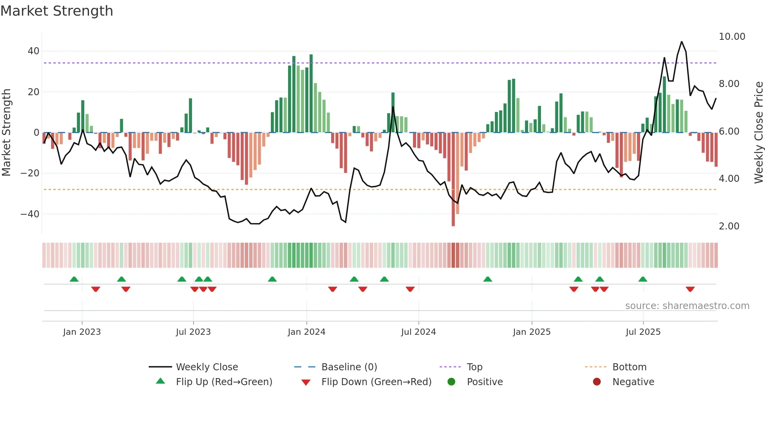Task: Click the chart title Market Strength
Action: coord(57,11)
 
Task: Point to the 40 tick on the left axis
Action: coord(34,51)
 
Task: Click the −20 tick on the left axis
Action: coord(30,173)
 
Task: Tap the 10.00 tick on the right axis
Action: coord(732,37)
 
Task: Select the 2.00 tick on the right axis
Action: coord(729,226)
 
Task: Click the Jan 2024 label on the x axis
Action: coord(306,332)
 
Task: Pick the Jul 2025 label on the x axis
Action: coord(643,332)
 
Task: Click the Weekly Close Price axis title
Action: coord(758,132)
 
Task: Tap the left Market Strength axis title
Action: coord(6,132)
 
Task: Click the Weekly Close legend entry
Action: coord(207,367)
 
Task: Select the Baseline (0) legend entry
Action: coord(349,367)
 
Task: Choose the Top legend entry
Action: coord(475,367)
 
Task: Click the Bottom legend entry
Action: coord(629,367)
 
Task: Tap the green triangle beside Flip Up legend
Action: coord(160,381)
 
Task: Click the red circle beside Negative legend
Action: coord(597,382)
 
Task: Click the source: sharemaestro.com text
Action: coord(687,306)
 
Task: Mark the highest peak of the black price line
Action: coord(681,42)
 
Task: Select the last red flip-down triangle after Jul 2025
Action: coord(690,289)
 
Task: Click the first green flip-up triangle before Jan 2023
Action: coord(74,279)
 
